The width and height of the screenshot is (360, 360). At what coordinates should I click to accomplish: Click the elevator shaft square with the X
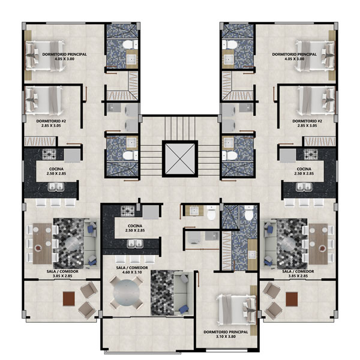click(180, 159)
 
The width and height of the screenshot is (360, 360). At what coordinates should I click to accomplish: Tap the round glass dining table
click(126, 293)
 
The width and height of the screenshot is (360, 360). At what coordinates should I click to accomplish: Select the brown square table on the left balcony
click(69, 299)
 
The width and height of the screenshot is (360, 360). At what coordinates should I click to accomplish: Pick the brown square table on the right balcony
click(292, 299)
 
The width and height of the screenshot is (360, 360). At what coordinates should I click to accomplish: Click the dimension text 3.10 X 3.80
click(226, 337)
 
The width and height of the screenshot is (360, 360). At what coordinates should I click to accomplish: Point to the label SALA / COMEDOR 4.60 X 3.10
click(132, 270)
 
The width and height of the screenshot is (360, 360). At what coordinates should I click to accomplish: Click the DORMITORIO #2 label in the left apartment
click(51, 121)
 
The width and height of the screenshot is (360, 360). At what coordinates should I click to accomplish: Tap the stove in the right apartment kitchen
click(311, 155)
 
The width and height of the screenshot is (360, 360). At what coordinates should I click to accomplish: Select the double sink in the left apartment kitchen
click(56, 187)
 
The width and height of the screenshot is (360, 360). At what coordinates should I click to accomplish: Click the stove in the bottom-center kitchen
click(128, 211)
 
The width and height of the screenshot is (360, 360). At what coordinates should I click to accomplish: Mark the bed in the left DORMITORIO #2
click(44, 101)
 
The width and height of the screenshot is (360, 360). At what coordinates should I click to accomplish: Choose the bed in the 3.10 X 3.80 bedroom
click(237, 309)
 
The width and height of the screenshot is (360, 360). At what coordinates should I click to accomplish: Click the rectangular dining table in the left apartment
click(42, 244)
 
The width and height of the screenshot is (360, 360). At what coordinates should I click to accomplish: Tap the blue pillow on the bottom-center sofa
click(184, 309)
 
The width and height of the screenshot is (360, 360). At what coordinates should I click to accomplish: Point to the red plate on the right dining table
click(323, 248)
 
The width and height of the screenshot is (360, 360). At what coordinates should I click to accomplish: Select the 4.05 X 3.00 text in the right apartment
click(295, 59)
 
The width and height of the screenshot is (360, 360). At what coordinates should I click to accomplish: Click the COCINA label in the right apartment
click(304, 169)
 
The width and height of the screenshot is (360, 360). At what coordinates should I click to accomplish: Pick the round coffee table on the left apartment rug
click(71, 244)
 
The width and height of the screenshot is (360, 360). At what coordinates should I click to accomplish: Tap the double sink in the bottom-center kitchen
click(136, 244)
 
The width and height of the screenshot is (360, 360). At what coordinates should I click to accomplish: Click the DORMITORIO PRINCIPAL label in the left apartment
click(65, 55)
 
